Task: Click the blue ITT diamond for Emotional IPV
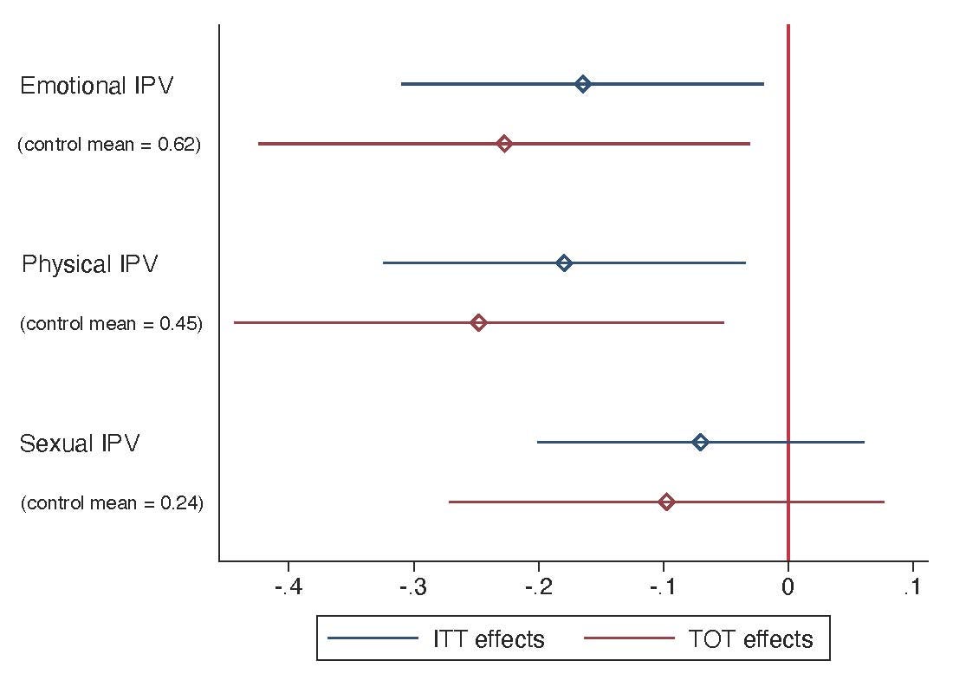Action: [x=583, y=84]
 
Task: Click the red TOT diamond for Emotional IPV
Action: [x=504, y=144]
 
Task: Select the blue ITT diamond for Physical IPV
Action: [x=564, y=263]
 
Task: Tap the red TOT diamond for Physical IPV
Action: [x=478, y=323]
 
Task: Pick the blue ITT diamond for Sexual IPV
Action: [x=700, y=443]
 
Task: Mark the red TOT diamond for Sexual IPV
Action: [x=666, y=502]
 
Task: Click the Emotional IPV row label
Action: [x=96, y=86]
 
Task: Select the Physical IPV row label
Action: [x=90, y=264]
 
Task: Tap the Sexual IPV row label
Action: [x=80, y=444]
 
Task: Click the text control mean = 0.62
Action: [x=109, y=145]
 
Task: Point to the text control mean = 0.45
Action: [x=111, y=324]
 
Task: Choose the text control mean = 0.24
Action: [x=112, y=502]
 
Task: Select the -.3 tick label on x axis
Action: [x=413, y=588]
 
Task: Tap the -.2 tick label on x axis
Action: [x=539, y=588]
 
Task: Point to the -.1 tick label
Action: [x=663, y=588]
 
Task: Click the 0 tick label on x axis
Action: [x=788, y=588]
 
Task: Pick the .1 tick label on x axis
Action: [x=911, y=588]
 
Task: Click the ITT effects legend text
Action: [x=489, y=639]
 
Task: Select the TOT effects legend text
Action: [x=750, y=639]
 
